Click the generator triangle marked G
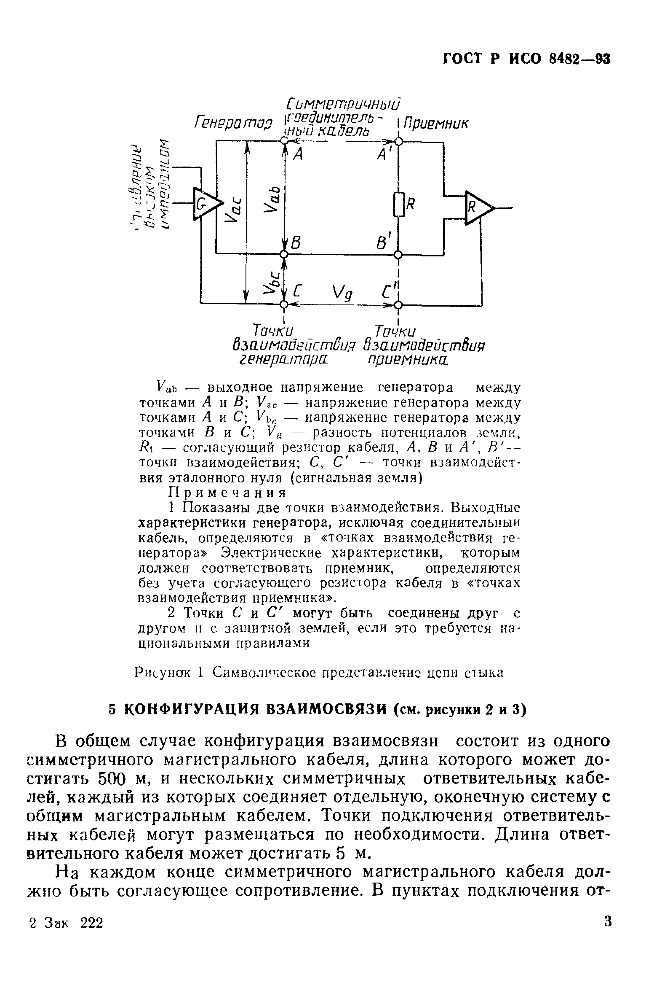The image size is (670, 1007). pos(206,204)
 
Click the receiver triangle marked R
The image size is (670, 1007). pos(477,207)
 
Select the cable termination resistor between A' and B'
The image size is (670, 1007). pos(398,205)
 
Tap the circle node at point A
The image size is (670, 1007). pos(284,141)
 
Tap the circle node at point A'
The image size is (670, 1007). pos(398,141)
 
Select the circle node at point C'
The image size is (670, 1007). pos(398,304)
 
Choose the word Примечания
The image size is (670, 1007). pos(227,493)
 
